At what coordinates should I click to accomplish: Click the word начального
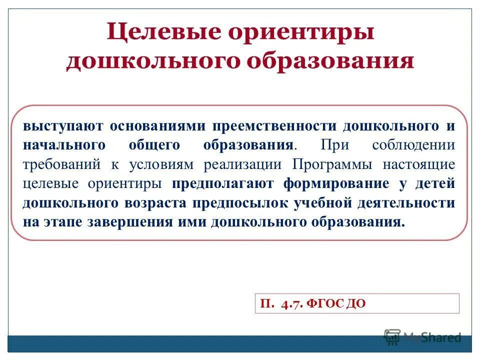64,145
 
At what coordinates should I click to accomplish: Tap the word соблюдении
413,145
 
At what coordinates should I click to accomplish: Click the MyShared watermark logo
422,337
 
